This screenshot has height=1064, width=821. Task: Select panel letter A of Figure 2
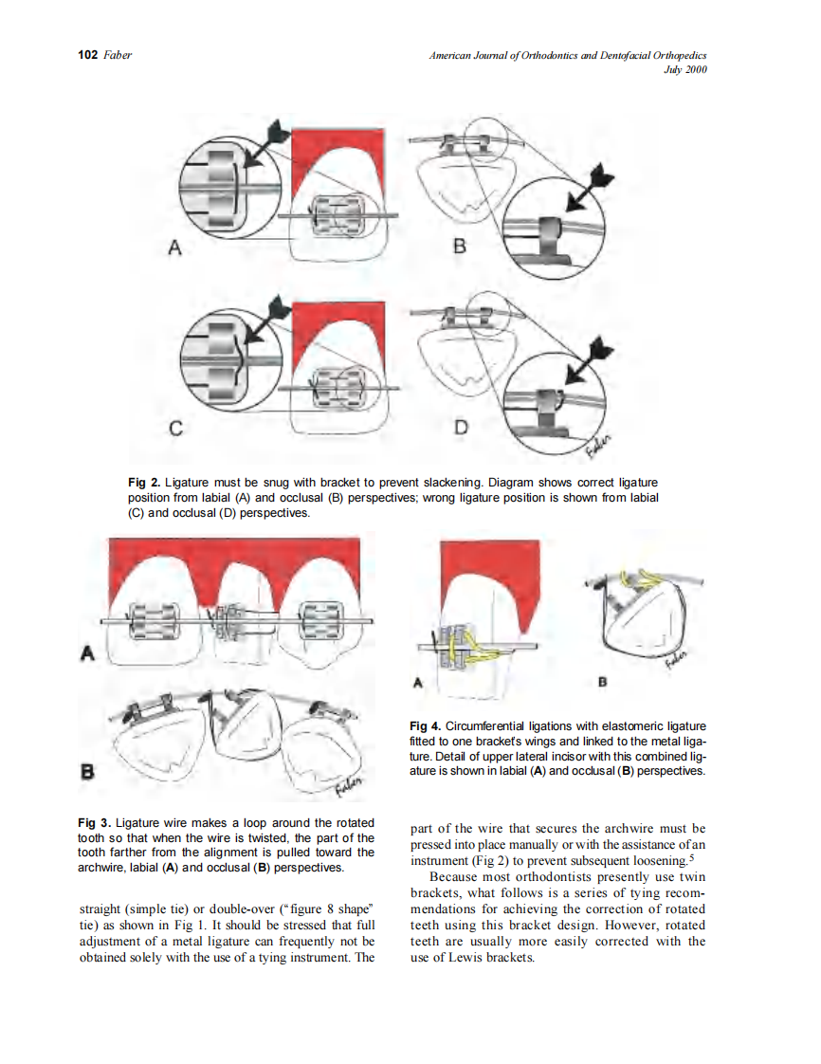pos(174,248)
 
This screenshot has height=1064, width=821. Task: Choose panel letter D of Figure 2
pos(461,428)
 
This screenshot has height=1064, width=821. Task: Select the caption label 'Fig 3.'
pos(93,823)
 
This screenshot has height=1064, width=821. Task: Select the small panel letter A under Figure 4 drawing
pos(417,681)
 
